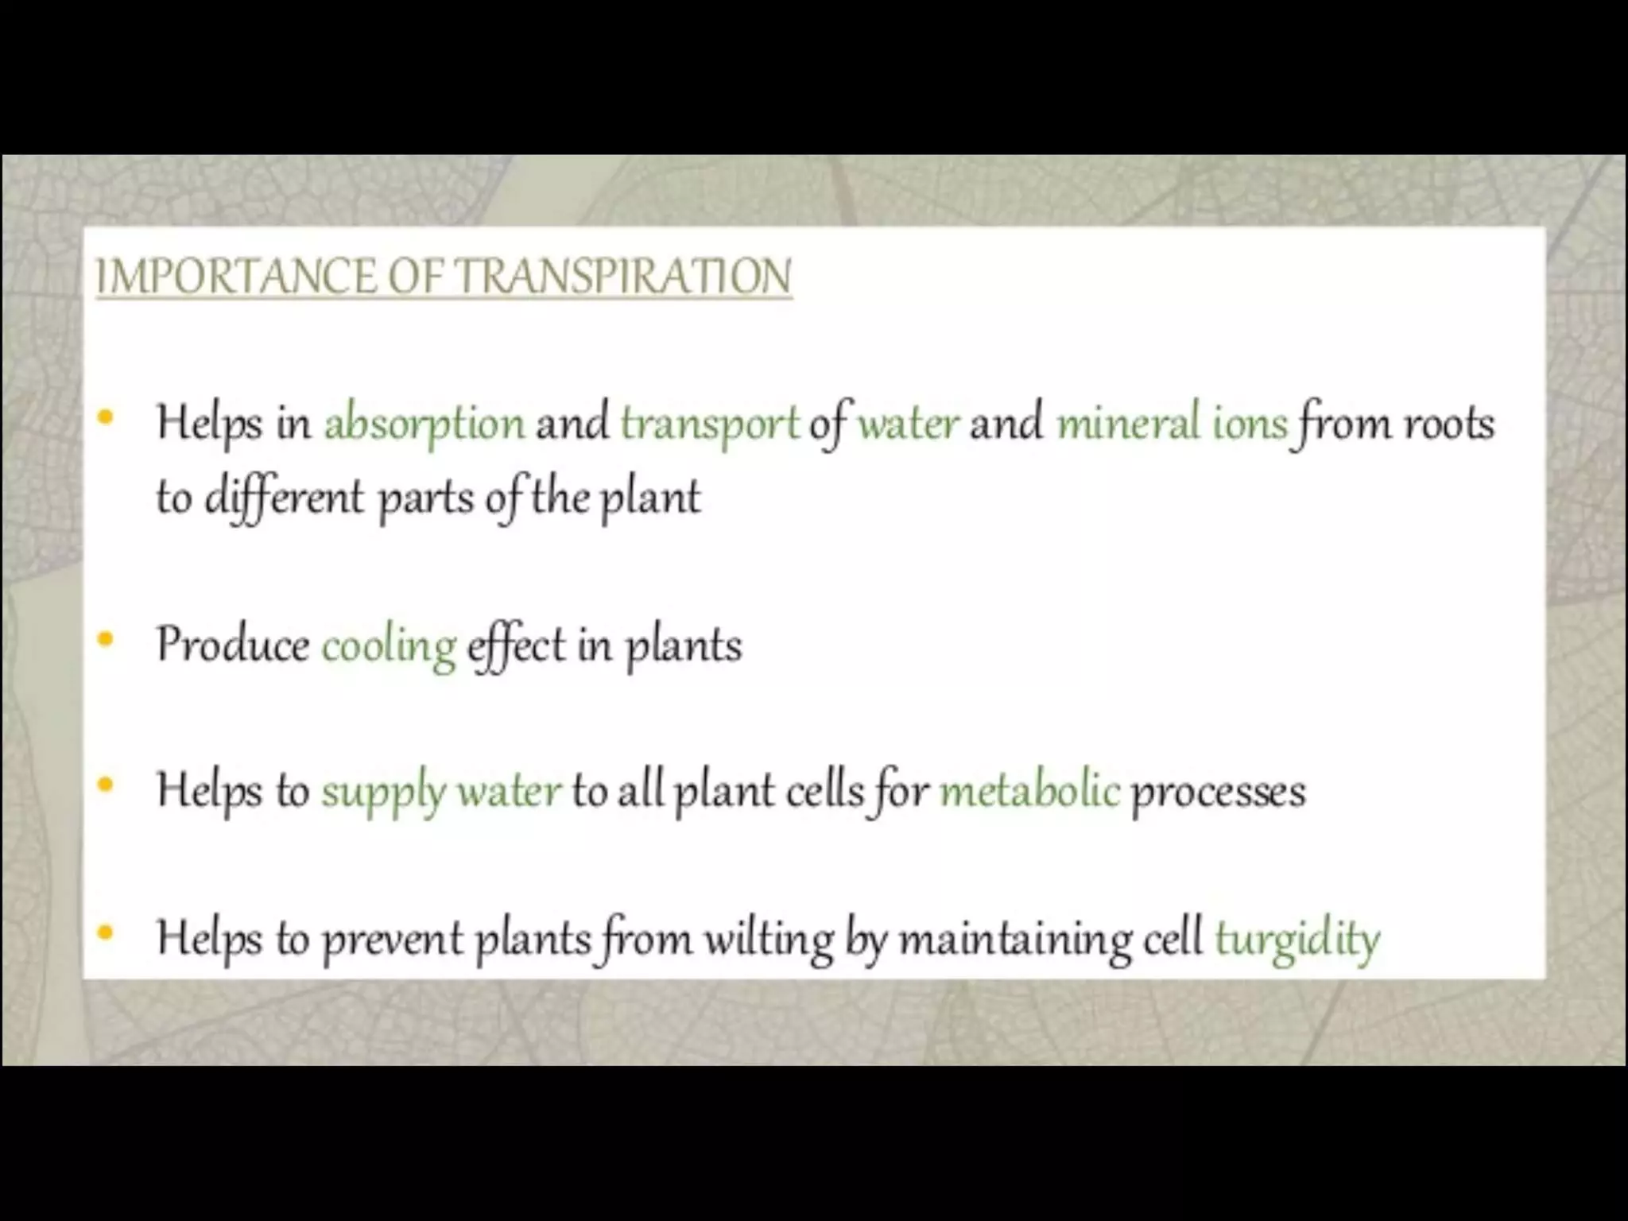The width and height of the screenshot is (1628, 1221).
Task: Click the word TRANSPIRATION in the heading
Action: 625,277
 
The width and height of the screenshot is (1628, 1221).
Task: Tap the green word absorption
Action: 424,424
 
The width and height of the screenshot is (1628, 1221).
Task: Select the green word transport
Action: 709,424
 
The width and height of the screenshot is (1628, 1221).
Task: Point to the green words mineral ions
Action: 1171,422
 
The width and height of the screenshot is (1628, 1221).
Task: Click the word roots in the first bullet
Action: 1448,424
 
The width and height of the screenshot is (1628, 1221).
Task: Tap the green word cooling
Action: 389,645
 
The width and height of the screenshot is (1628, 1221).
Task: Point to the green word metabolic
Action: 1029,791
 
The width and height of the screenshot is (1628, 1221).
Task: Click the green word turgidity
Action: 1297,940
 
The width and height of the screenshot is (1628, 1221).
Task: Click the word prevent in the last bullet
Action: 392,940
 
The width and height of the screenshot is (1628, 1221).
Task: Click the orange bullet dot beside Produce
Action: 105,639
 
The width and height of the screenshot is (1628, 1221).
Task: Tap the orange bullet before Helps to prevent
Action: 105,933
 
